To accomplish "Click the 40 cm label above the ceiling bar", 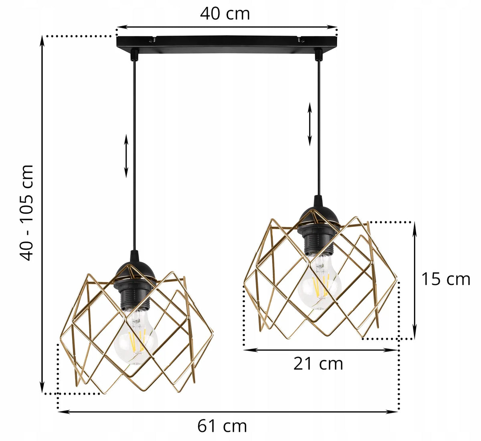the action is pyautogui.click(x=225, y=14).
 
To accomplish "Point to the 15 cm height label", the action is pyautogui.click(x=446, y=279).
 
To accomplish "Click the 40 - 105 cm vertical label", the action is pyautogui.click(x=26, y=212).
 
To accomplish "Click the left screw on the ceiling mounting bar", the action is pyautogui.click(x=151, y=41).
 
